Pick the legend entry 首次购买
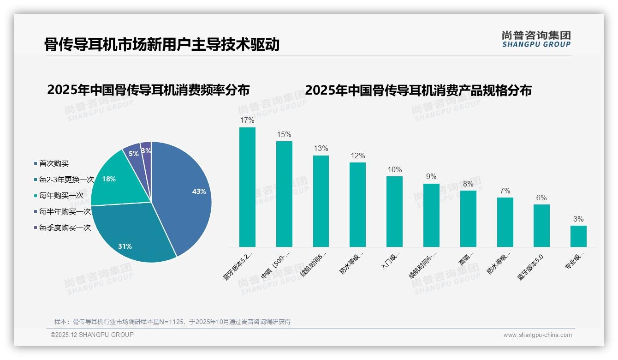coord(53,163)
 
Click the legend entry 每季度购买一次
coord(65,228)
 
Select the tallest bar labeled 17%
coord(247,187)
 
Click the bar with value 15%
coord(284,194)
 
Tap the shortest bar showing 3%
coord(578,236)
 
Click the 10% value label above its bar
coord(394,170)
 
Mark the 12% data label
coord(357,156)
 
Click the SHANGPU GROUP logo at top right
coord(536,39)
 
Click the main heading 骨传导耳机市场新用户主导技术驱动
coord(162,45)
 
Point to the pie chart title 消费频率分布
coord(148,90)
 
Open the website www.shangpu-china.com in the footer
coord(537,335)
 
